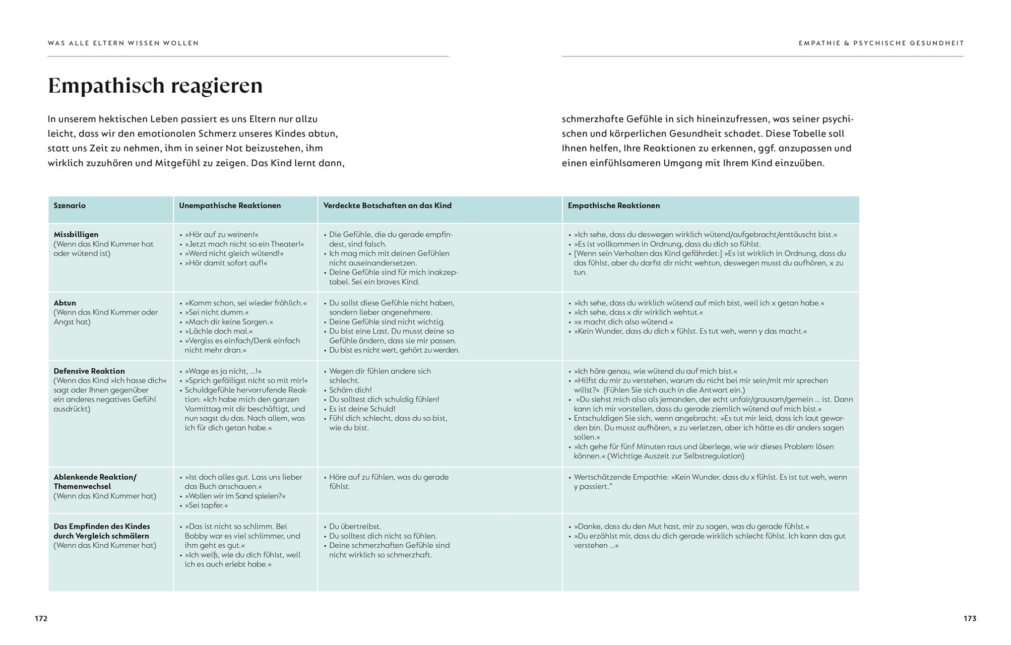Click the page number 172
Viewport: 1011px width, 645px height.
coord(41,618)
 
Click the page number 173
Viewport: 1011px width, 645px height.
coord(970,618)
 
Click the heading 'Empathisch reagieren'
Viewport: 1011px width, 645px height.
coord(155,86)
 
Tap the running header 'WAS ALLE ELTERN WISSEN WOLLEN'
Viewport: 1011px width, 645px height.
coord(123,43)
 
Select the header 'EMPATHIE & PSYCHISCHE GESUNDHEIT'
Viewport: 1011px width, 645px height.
coord(881,43)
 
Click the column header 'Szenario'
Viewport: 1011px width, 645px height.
coord(70,206)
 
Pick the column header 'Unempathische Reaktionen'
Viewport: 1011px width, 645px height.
coord(230,206)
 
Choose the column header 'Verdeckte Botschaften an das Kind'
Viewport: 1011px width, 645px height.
coord(387,206)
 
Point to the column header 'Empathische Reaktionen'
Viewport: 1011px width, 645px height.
coord(613,206)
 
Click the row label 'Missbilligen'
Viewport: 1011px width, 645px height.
coord(76,234)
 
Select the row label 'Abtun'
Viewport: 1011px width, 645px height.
coord(65,303)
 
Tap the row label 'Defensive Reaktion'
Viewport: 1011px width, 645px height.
coord(89,371)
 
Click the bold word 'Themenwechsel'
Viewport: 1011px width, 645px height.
coord(82,486)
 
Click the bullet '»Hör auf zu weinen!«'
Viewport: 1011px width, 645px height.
coord(221,234)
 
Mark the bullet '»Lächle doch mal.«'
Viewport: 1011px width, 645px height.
coord(218,331)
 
